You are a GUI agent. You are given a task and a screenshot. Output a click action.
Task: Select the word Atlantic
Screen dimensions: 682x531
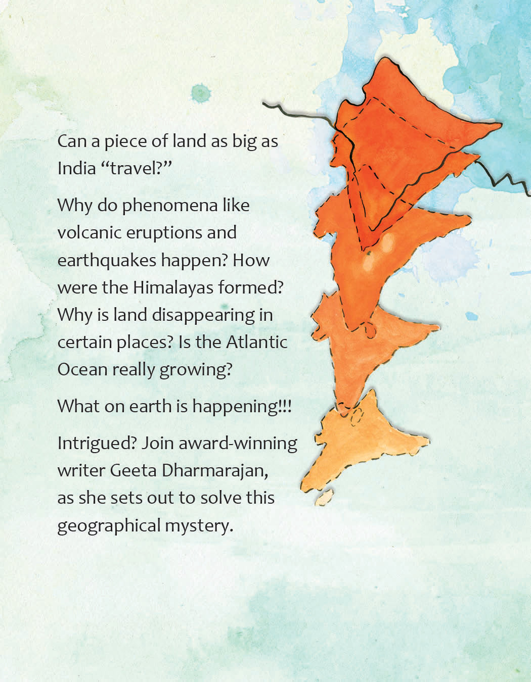tap(256, 342)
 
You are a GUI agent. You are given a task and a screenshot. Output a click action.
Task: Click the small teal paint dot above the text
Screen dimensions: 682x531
tap(201, 93)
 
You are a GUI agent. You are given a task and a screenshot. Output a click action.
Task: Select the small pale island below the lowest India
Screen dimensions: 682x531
tap(324, 497)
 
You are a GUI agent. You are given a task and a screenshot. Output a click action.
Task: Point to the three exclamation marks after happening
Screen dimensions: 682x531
tap(285, 406)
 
